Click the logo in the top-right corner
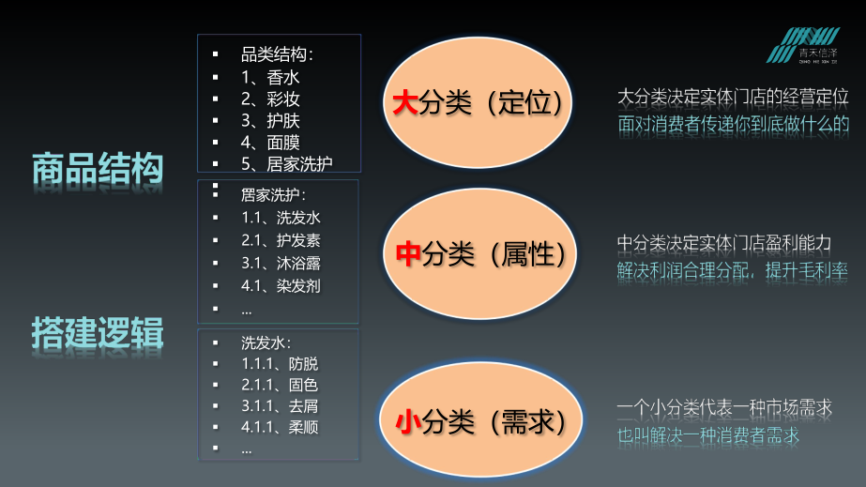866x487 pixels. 813,45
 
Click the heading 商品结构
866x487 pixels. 98,169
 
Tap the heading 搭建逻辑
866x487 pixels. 98,332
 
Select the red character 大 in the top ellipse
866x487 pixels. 403,102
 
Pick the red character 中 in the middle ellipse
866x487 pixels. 406,253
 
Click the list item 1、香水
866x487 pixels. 270,77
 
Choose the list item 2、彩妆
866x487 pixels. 270,99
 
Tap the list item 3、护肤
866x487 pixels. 270,120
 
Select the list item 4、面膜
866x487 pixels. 270,142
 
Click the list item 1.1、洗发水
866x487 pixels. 281,218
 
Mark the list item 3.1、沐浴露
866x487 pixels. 281,263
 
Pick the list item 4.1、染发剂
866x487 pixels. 281,285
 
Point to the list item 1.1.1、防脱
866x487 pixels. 280,363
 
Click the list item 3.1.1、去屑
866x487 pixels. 280,406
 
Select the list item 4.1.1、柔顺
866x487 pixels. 280,428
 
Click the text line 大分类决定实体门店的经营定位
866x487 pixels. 733,97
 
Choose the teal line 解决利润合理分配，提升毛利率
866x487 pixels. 733,270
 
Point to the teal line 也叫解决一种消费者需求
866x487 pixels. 708,435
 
